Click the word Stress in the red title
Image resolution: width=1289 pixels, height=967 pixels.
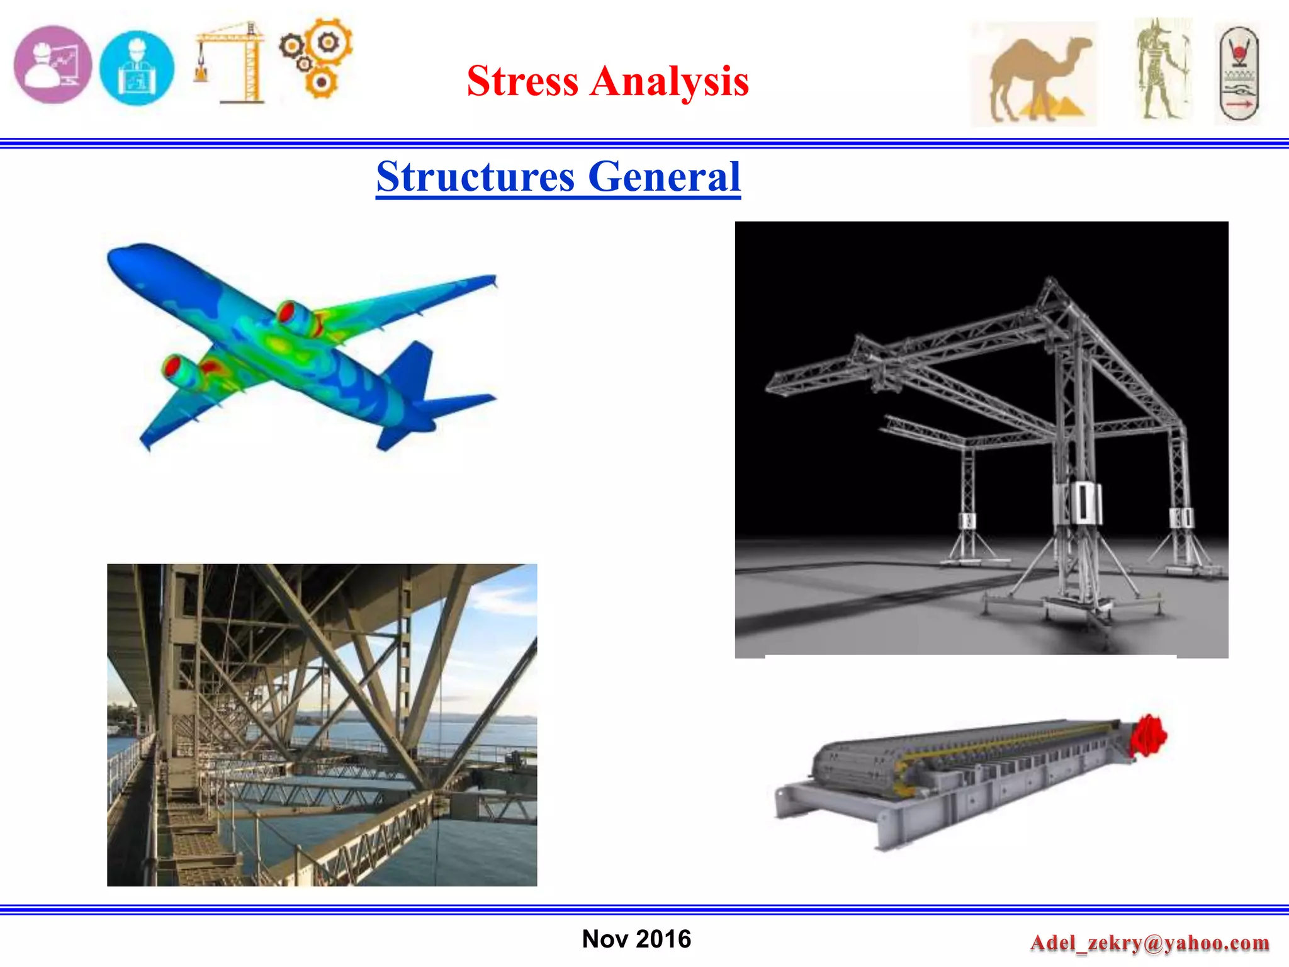(522, 81)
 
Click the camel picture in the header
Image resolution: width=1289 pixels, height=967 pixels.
(1033, 74)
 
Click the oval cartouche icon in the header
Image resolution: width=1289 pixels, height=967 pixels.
(1238, 74)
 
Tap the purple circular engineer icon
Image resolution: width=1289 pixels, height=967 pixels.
(53, 65)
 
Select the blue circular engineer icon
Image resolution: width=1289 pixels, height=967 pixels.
(137, 68)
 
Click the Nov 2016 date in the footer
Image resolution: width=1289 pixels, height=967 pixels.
(636, 939)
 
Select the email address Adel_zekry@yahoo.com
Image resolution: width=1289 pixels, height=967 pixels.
(1149, 942)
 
